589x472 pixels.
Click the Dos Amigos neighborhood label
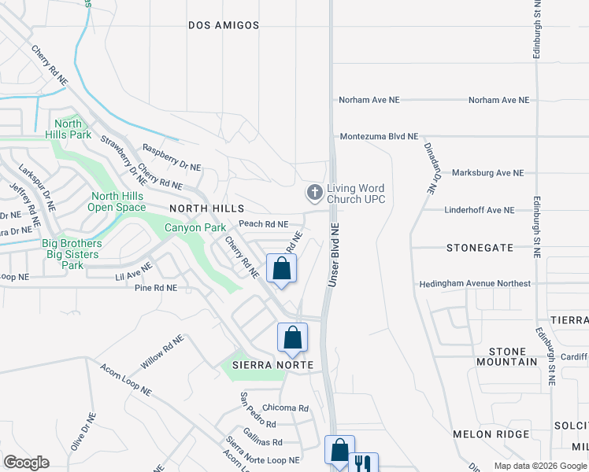coord(224,25)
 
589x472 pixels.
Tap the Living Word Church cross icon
coord(314,192)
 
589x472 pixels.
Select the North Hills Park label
coord(69,129)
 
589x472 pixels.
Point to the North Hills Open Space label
coord(117,202)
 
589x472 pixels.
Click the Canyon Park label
coord(194,228)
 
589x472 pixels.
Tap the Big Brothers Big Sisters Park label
coord(72,255)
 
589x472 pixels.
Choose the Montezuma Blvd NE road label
coord(379,136)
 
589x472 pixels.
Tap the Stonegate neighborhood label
coord(480,247)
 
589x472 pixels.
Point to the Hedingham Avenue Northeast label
coord(475,283)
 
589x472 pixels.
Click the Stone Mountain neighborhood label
coord(507,356)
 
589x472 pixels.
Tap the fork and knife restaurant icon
coord(363,463)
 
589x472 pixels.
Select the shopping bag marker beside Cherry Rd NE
coord(281,269)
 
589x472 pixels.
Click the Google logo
coord(26,463)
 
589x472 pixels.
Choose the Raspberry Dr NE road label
coord(172,157)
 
